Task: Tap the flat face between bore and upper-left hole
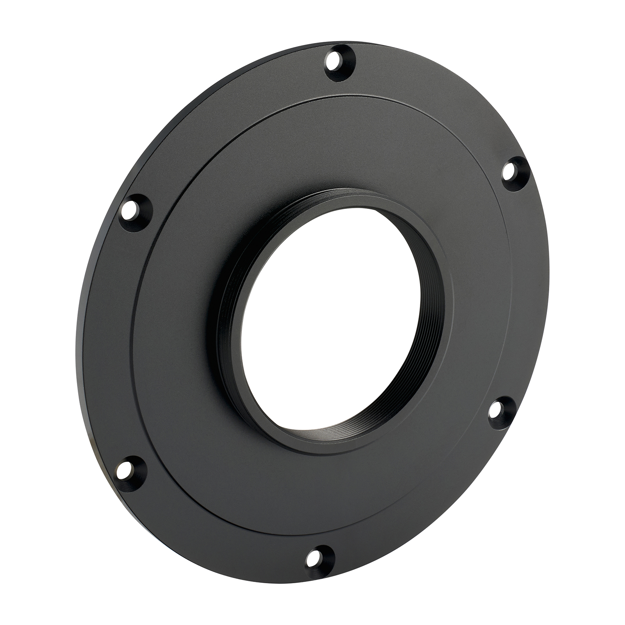pyautogui.click(x=187, y=234)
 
